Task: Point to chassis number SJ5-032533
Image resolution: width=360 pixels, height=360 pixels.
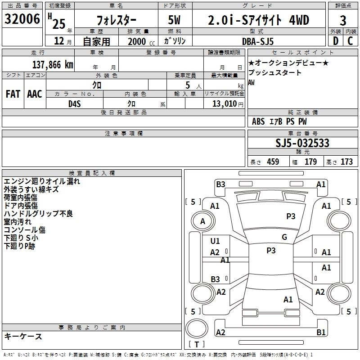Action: click(302, 144)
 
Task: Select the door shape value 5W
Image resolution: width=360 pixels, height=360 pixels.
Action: click(175, 20)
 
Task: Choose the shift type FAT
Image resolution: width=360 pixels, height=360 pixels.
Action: click(13, 94)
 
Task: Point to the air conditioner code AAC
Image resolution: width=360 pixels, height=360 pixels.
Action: click(35, 94)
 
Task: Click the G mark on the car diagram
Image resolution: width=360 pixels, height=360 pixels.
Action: click(284, 237)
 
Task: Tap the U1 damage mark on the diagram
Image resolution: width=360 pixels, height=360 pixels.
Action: click(215, 241)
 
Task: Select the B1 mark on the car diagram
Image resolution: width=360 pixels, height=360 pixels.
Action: click(321, 333)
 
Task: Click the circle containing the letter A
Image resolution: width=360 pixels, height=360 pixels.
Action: click(202, 221)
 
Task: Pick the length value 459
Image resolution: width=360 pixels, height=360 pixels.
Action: click(273, 162)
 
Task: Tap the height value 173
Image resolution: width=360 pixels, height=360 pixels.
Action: click(346, 162)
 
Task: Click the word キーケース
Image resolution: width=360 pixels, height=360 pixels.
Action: click(23, 337)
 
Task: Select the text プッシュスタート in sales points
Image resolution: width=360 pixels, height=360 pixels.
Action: click(275, 72)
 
